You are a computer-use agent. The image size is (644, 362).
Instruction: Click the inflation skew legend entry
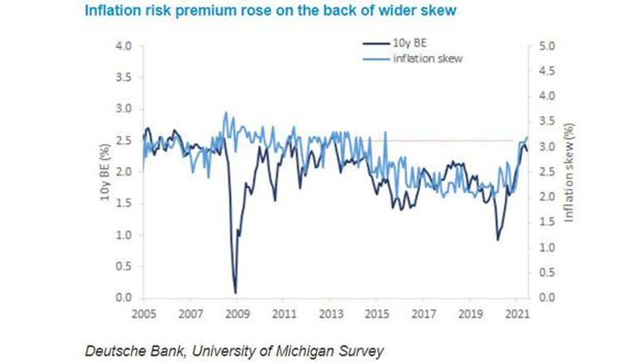(428, 58)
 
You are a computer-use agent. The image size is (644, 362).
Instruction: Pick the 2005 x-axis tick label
(143, 314)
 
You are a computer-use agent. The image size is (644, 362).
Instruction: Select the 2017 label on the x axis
(424, 314)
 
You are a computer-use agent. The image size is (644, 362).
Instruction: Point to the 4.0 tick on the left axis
(124, 46)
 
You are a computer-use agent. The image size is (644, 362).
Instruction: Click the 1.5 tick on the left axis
(124, 204)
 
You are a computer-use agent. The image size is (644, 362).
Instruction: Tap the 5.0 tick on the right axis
(547, 46)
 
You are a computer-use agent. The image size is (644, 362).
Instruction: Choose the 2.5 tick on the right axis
(547, 172)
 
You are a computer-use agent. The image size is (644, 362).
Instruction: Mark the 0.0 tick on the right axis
(547, 298)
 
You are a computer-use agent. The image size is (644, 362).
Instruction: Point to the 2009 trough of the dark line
(235, 293)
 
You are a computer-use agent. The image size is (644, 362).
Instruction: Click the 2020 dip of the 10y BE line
(498, 240)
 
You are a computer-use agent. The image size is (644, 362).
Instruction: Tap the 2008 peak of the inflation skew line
(225, 113)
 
